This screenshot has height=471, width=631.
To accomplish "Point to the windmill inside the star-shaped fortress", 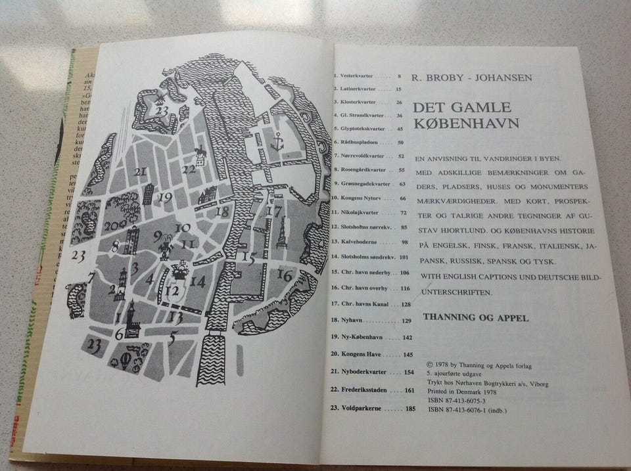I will [x=161, y=99].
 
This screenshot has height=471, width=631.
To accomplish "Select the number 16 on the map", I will [x=285, y=275].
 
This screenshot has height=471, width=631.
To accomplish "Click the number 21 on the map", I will [x=139, y=172].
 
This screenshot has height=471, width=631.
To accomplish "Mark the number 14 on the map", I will [x=199, y=282].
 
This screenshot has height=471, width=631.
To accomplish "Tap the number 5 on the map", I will [x=172, y=340].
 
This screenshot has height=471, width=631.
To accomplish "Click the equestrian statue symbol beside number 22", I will [x=199, y=154].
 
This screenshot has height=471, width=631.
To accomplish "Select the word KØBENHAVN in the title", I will [x=466, y=124].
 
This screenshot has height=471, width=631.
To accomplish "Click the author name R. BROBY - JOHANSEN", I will [x=471, y=78].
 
